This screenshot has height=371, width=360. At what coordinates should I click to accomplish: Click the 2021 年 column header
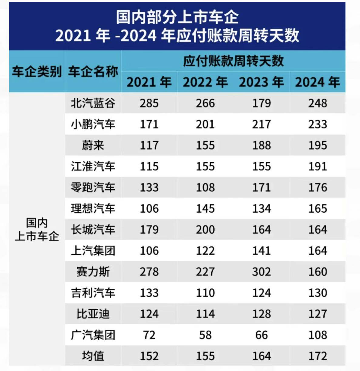click(x=149, y=82)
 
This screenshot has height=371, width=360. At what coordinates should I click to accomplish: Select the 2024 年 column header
click(x=318, y=82)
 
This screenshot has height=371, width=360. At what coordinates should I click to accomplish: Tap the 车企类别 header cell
click(x=37, y=72)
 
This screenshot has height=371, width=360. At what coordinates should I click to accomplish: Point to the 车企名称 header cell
click(x=93, y=72)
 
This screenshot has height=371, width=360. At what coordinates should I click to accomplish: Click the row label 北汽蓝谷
click(x=93, y=103)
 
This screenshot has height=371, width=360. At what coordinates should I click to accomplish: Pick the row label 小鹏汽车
click(x=93, y=124)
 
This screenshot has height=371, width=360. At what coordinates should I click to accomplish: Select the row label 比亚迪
click(x=93, y=314)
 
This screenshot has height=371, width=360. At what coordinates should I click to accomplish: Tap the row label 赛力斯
click(x=93, y=272)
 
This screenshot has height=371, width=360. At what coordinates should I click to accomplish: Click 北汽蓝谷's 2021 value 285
click(x=149, y=103)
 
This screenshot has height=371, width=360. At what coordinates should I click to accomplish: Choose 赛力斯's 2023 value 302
click(x=261, y=272)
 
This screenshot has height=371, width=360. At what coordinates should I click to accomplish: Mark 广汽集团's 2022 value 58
click(x=205, y=335)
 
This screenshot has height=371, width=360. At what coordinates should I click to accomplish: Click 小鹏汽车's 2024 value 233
click(x=318, y=124)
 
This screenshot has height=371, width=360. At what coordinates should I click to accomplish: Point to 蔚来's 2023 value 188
click(x=261, y=145)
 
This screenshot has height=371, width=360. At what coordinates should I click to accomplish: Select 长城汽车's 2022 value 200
click(x=205, y=230)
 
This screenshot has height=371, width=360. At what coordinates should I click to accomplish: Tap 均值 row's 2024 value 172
click(x=318, y=356)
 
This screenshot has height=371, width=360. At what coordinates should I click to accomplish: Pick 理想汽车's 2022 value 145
click(x=205, y=208)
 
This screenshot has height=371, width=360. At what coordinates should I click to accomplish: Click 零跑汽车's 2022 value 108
click(x=205, y=187)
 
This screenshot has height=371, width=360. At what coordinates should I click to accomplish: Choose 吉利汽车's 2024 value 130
click(x=318, y=293)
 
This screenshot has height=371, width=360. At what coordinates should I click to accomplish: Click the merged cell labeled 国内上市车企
click(x=37, y=230)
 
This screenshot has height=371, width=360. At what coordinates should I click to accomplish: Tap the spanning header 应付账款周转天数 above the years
click(x=233, y=61)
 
